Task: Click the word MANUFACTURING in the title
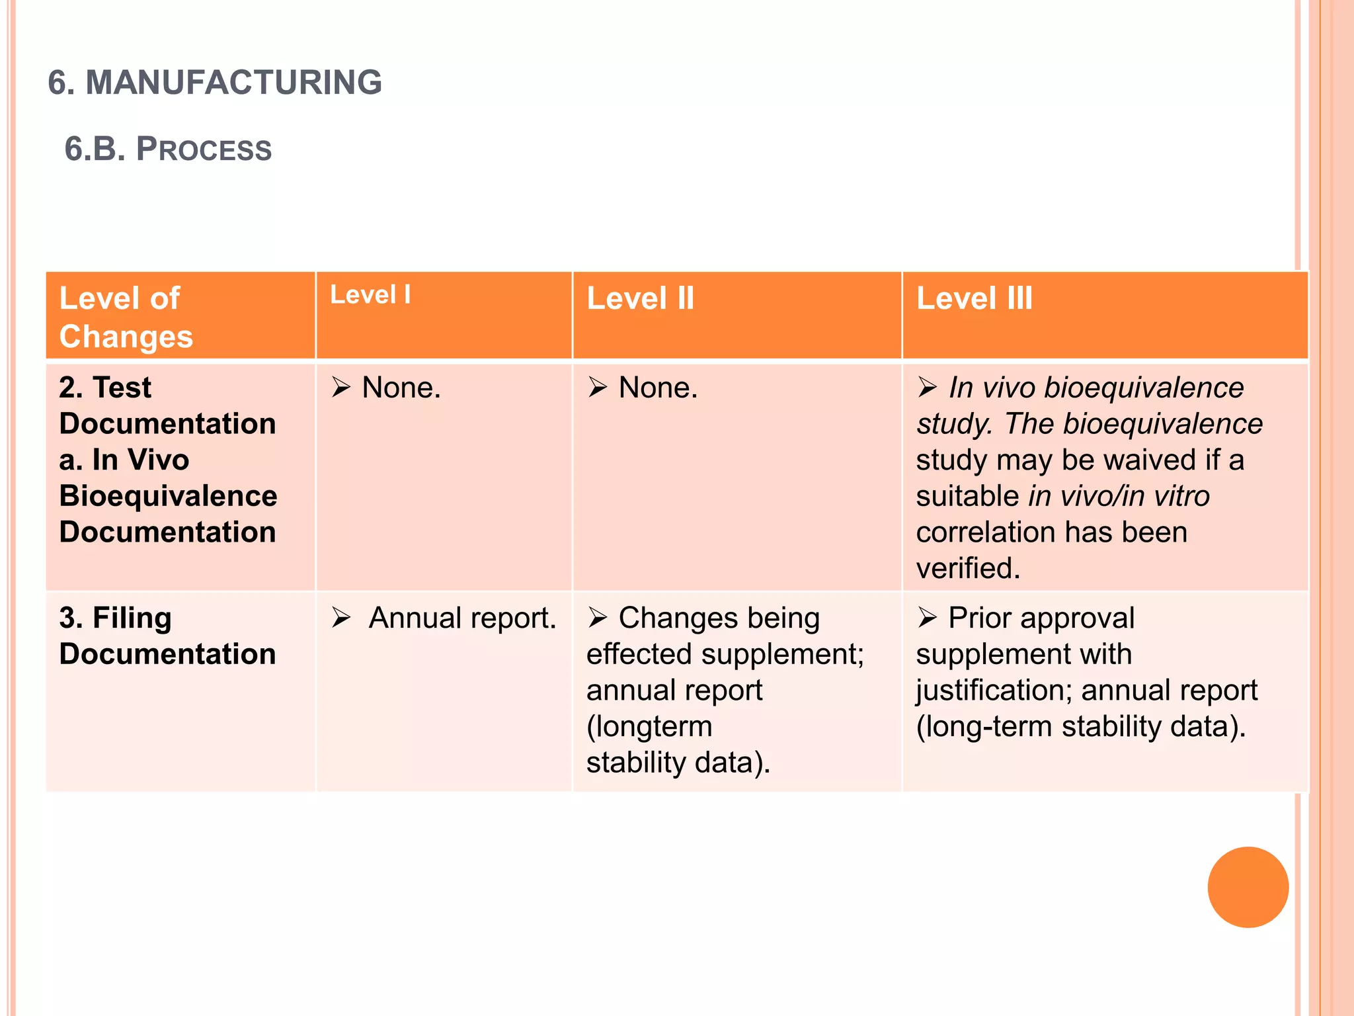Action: (233, 83)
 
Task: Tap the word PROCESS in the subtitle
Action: (204, 149)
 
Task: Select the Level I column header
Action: (370, 295)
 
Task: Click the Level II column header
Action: (640, 298)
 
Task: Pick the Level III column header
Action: (974, 298)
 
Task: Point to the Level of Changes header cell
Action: (126, 317)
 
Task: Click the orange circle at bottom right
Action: (1248, 887)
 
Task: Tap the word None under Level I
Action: (400, 388)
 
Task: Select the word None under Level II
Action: (657, 388)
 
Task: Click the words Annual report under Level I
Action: (462, 618)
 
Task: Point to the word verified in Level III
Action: (967, 568)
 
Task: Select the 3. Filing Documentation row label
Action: (167, 636)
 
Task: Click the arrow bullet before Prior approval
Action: (927, 618)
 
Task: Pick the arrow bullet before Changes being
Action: (598, 618)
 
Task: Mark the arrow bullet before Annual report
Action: (341, 618)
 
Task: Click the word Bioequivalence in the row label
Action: (168, 496)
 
